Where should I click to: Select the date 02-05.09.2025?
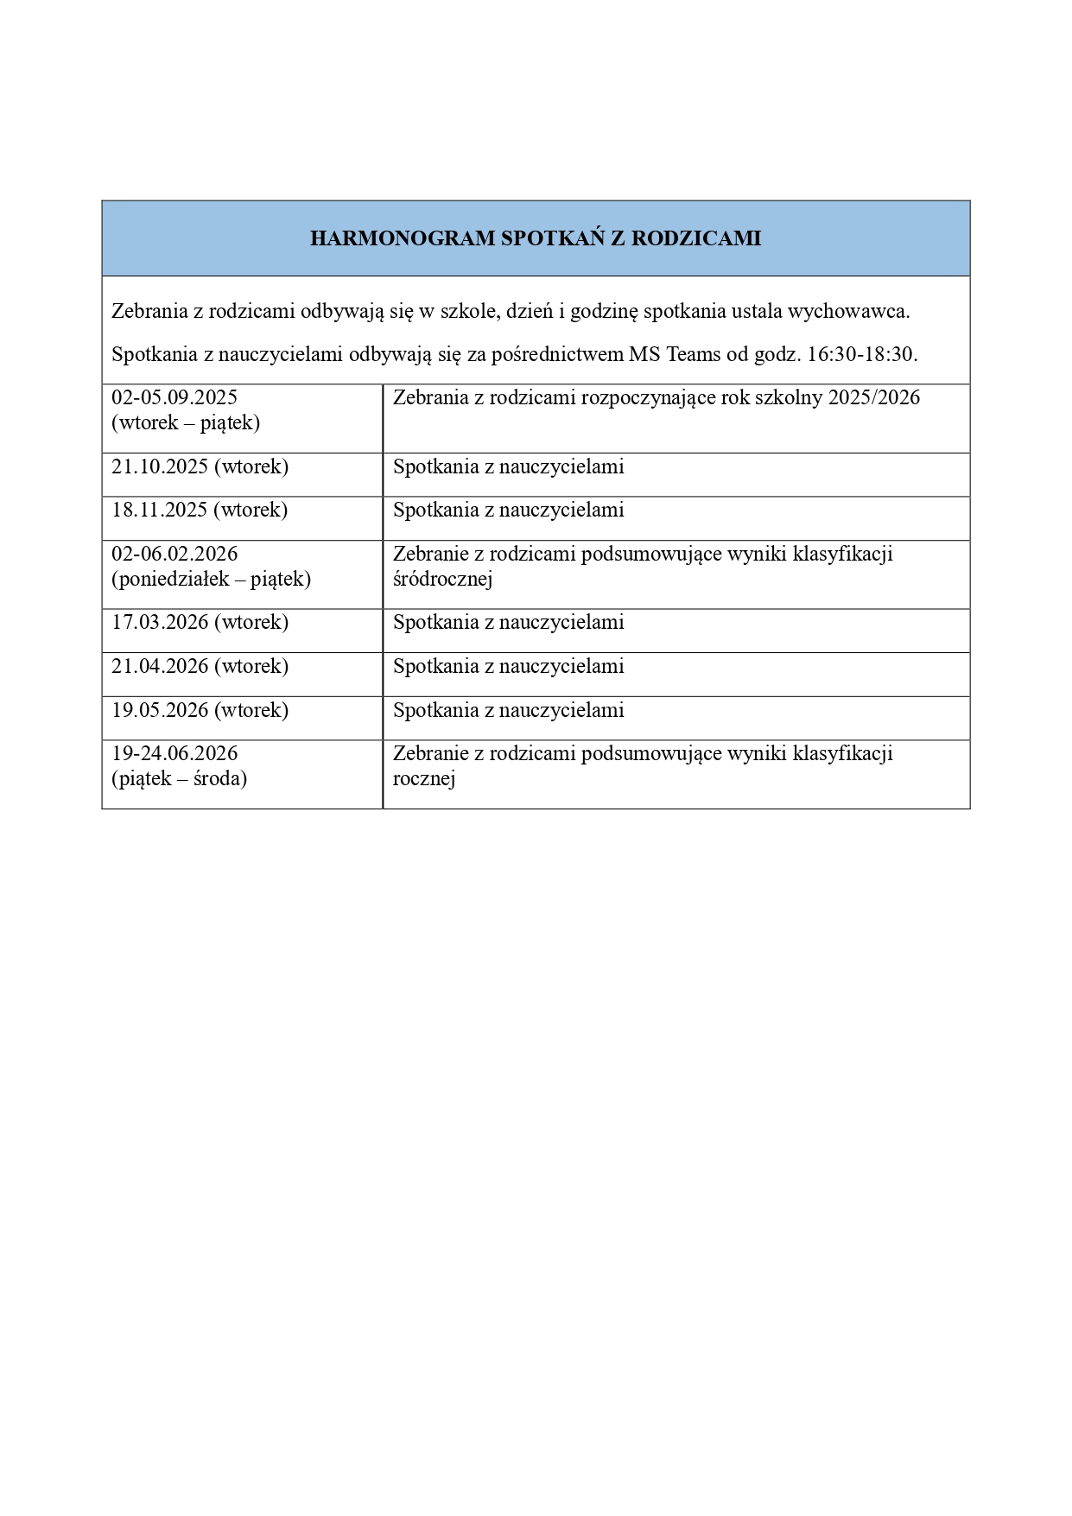[x=174, y=397]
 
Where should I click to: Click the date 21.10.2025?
[x=160, y=467]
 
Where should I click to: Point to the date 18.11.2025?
[x=160, y=511]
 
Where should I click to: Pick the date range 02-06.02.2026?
[x=174, y=554]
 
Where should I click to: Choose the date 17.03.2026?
[x=160, y=623]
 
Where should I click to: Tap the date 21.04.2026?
[x=160, y=667]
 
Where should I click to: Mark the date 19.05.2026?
[x=160, y=711]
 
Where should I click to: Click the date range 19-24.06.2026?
[x=174, y=753]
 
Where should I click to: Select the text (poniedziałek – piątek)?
[x=211, y=580]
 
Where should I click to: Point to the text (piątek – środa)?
[x=179, y=779]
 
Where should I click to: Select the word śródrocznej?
[x=442, y=580]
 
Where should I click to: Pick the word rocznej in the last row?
[x=424, y=779]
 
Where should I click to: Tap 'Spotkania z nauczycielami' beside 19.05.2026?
[x=508, y=711]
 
